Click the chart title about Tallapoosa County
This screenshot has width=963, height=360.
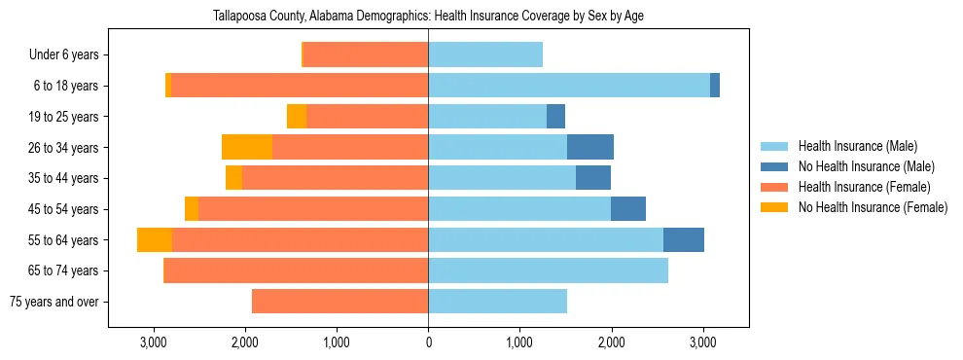coord(428,16)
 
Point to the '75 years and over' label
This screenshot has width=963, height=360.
coord(54,302)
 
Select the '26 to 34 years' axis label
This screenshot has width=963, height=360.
coord(62,148)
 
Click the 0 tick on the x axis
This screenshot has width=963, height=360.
coord(428,342)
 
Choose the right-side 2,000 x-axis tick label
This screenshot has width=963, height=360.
coord(611,342)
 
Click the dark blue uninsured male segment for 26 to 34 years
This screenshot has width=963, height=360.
coord(590,147)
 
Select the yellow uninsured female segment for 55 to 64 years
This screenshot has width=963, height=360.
coord(155,239)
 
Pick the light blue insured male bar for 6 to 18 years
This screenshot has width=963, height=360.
coord(569,86)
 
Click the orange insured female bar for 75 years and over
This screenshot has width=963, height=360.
coord(339,302)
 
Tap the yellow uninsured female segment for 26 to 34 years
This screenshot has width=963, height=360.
coord(247,147)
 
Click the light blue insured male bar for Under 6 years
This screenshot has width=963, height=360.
coord(485,54)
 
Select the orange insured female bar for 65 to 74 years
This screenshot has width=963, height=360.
coord(297,270)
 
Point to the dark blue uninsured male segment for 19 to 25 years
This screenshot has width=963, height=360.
coord(555,117)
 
